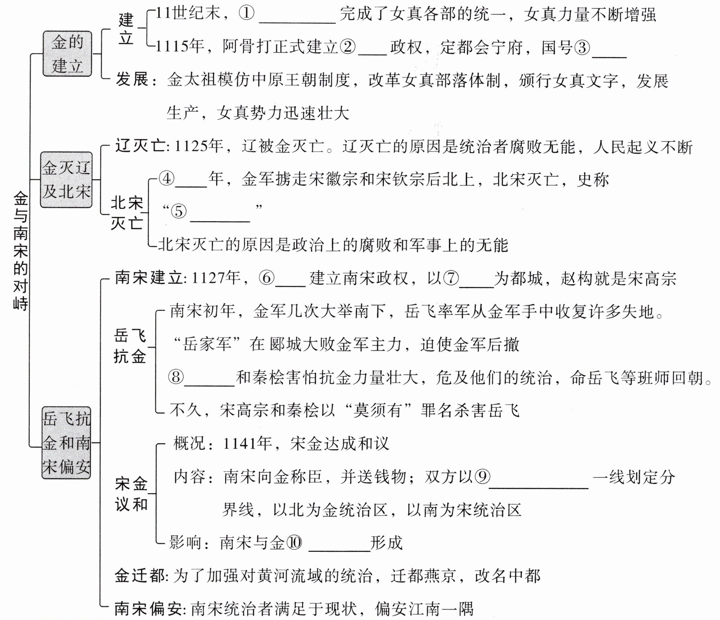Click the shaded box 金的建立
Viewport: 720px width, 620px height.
67,54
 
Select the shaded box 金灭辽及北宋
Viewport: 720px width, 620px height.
66,180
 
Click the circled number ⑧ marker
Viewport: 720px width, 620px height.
176,377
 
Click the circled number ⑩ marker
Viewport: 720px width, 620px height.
293,543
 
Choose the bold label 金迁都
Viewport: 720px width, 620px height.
139,576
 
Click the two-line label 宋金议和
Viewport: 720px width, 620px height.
131,494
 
